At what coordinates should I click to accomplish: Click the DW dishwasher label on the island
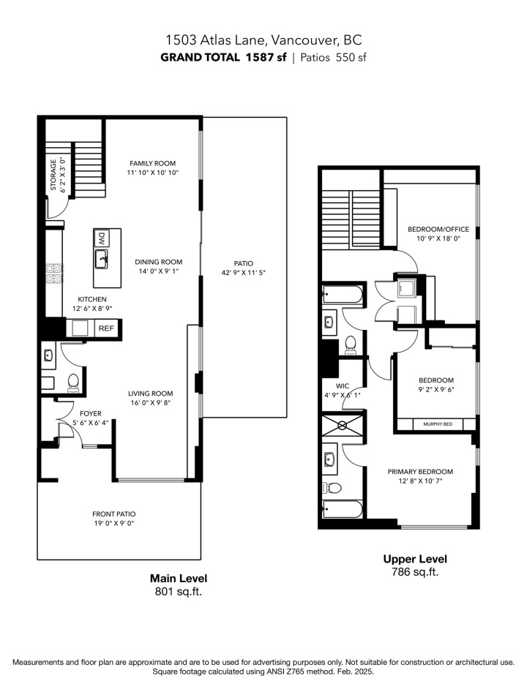pyautogui.click(x=101, y=238)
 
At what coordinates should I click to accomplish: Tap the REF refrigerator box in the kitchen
pyautogui.click(x=106, y=329)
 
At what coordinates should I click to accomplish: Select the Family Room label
pyautogui.click(x=152, y=163)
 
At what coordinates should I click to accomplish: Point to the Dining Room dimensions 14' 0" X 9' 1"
pyautogui.click(x=158, y=271)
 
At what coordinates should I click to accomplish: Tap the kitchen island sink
pyautogui.click(x=102, y=257)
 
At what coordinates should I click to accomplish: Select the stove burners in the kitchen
pyautogui.click(x=53, y=274)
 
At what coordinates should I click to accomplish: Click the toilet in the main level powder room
pyautogui.click(x=72, y=381)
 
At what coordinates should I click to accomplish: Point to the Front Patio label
pyautogui.click(x=113, y=513)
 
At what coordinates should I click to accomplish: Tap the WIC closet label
pyautogui.click(x=343, y=385)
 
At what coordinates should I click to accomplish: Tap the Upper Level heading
pyautogui.click(x=415, y=559)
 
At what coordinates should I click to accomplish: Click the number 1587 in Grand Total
pyautogui.click(x=261, y=58)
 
